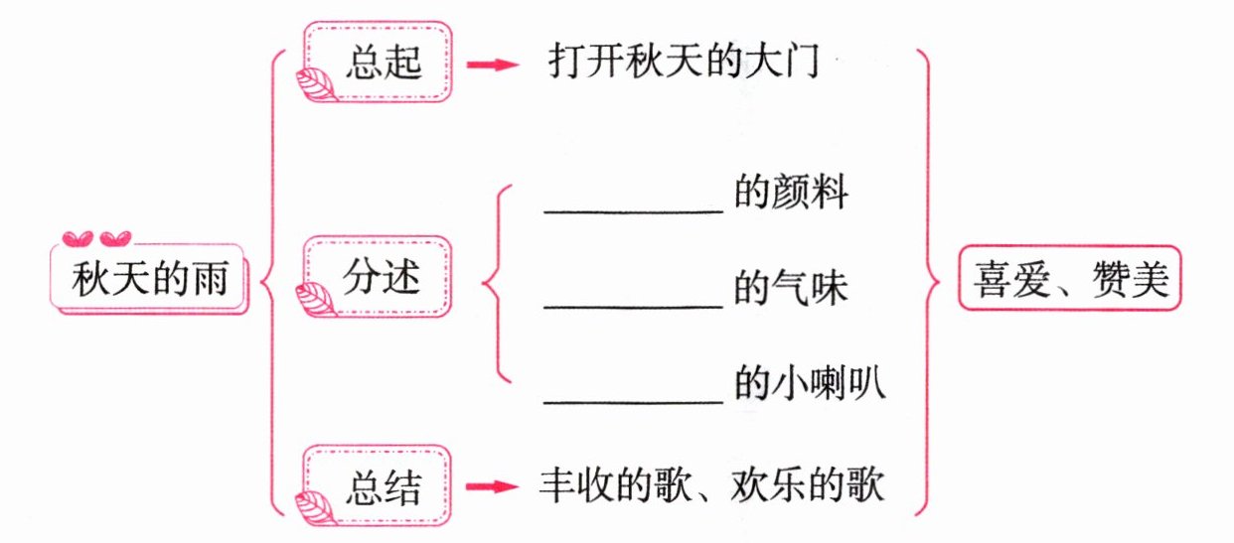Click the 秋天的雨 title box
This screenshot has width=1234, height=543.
coord(149,280)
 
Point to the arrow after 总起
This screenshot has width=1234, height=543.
coord(493,66)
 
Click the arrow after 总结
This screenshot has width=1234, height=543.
coord(493,487)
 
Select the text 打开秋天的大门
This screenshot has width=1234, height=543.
coord(683,64)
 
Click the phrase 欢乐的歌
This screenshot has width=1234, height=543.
coord(795,486)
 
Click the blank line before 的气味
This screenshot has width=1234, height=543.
coord(633,306)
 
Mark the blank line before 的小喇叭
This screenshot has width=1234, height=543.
coord(633,401)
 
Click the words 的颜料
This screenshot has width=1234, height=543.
coord(791,194)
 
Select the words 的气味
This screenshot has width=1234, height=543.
coord(791,289)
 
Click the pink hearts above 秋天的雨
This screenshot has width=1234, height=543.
coord(96,238)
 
